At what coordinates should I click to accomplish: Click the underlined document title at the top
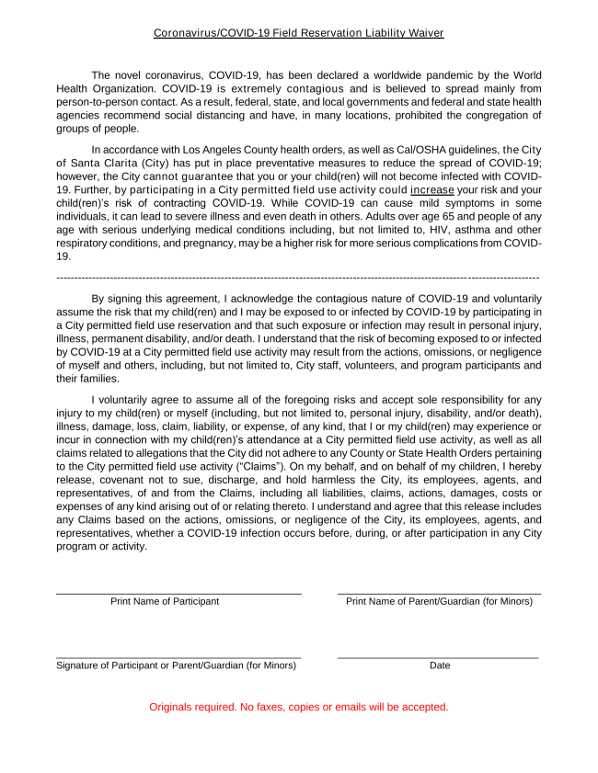click(298, 33)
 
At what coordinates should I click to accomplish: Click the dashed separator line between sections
click(298, 277)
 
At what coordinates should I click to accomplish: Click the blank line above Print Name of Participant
click(179, 594)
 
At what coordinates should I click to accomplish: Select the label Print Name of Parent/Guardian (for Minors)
click(439, 602)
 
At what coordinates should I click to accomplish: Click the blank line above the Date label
click(438, 657)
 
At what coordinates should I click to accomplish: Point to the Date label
click(440, 665)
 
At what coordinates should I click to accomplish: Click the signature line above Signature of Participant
click(179, 657)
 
